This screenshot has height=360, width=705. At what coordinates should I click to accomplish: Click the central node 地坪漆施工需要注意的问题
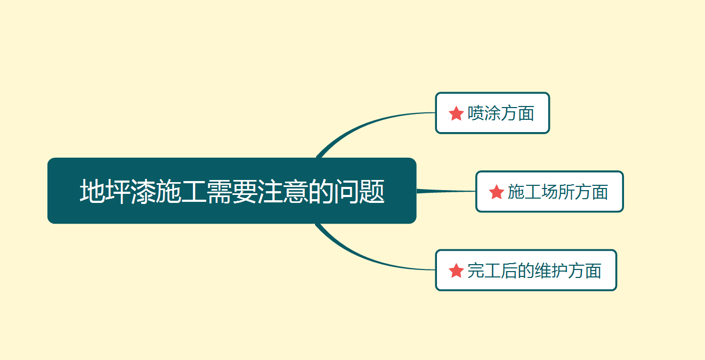[x=232, y=191]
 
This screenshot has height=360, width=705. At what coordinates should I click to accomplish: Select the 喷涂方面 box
[x=492, y=113]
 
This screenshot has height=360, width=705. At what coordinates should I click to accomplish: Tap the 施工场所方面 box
[x=549, y=192]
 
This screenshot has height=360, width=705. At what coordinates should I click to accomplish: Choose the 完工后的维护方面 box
[x=526, y=270]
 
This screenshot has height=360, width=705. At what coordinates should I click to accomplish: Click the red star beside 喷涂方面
[x=456, y=113]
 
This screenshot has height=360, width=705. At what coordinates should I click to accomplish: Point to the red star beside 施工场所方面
[x=496, y=192]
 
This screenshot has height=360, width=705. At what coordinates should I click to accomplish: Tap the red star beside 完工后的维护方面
[x=456, y=271]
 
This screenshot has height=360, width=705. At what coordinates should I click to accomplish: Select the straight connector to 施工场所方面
[x=446, y=191]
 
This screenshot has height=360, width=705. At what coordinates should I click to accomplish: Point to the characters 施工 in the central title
[x=181, y=191]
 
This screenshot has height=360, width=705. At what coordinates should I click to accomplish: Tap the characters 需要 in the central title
[x=232, y=191]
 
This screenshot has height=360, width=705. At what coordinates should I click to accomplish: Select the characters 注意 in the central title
[x=282, y=191]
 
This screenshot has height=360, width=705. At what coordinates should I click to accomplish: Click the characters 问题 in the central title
[x=359, y=191]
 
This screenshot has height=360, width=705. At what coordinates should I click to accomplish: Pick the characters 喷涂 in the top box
[x=484, y=113]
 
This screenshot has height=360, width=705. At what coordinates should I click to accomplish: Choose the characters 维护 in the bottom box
[x=551, y=271]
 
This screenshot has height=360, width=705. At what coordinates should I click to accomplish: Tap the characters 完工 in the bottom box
[x=484, y=271]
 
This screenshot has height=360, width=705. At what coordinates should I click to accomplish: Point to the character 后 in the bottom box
[x=509, y=271]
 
